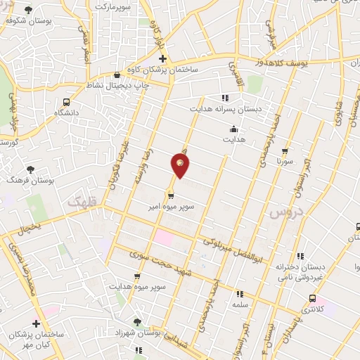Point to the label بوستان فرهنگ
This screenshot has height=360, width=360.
(30, 181)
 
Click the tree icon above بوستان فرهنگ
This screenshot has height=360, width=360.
(30, 169)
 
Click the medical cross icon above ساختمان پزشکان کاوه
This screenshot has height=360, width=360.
(162, 59)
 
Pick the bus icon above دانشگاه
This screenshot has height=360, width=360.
(66, 101)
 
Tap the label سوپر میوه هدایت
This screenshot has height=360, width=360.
(137, 287)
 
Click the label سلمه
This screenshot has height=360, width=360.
(239, 304)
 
